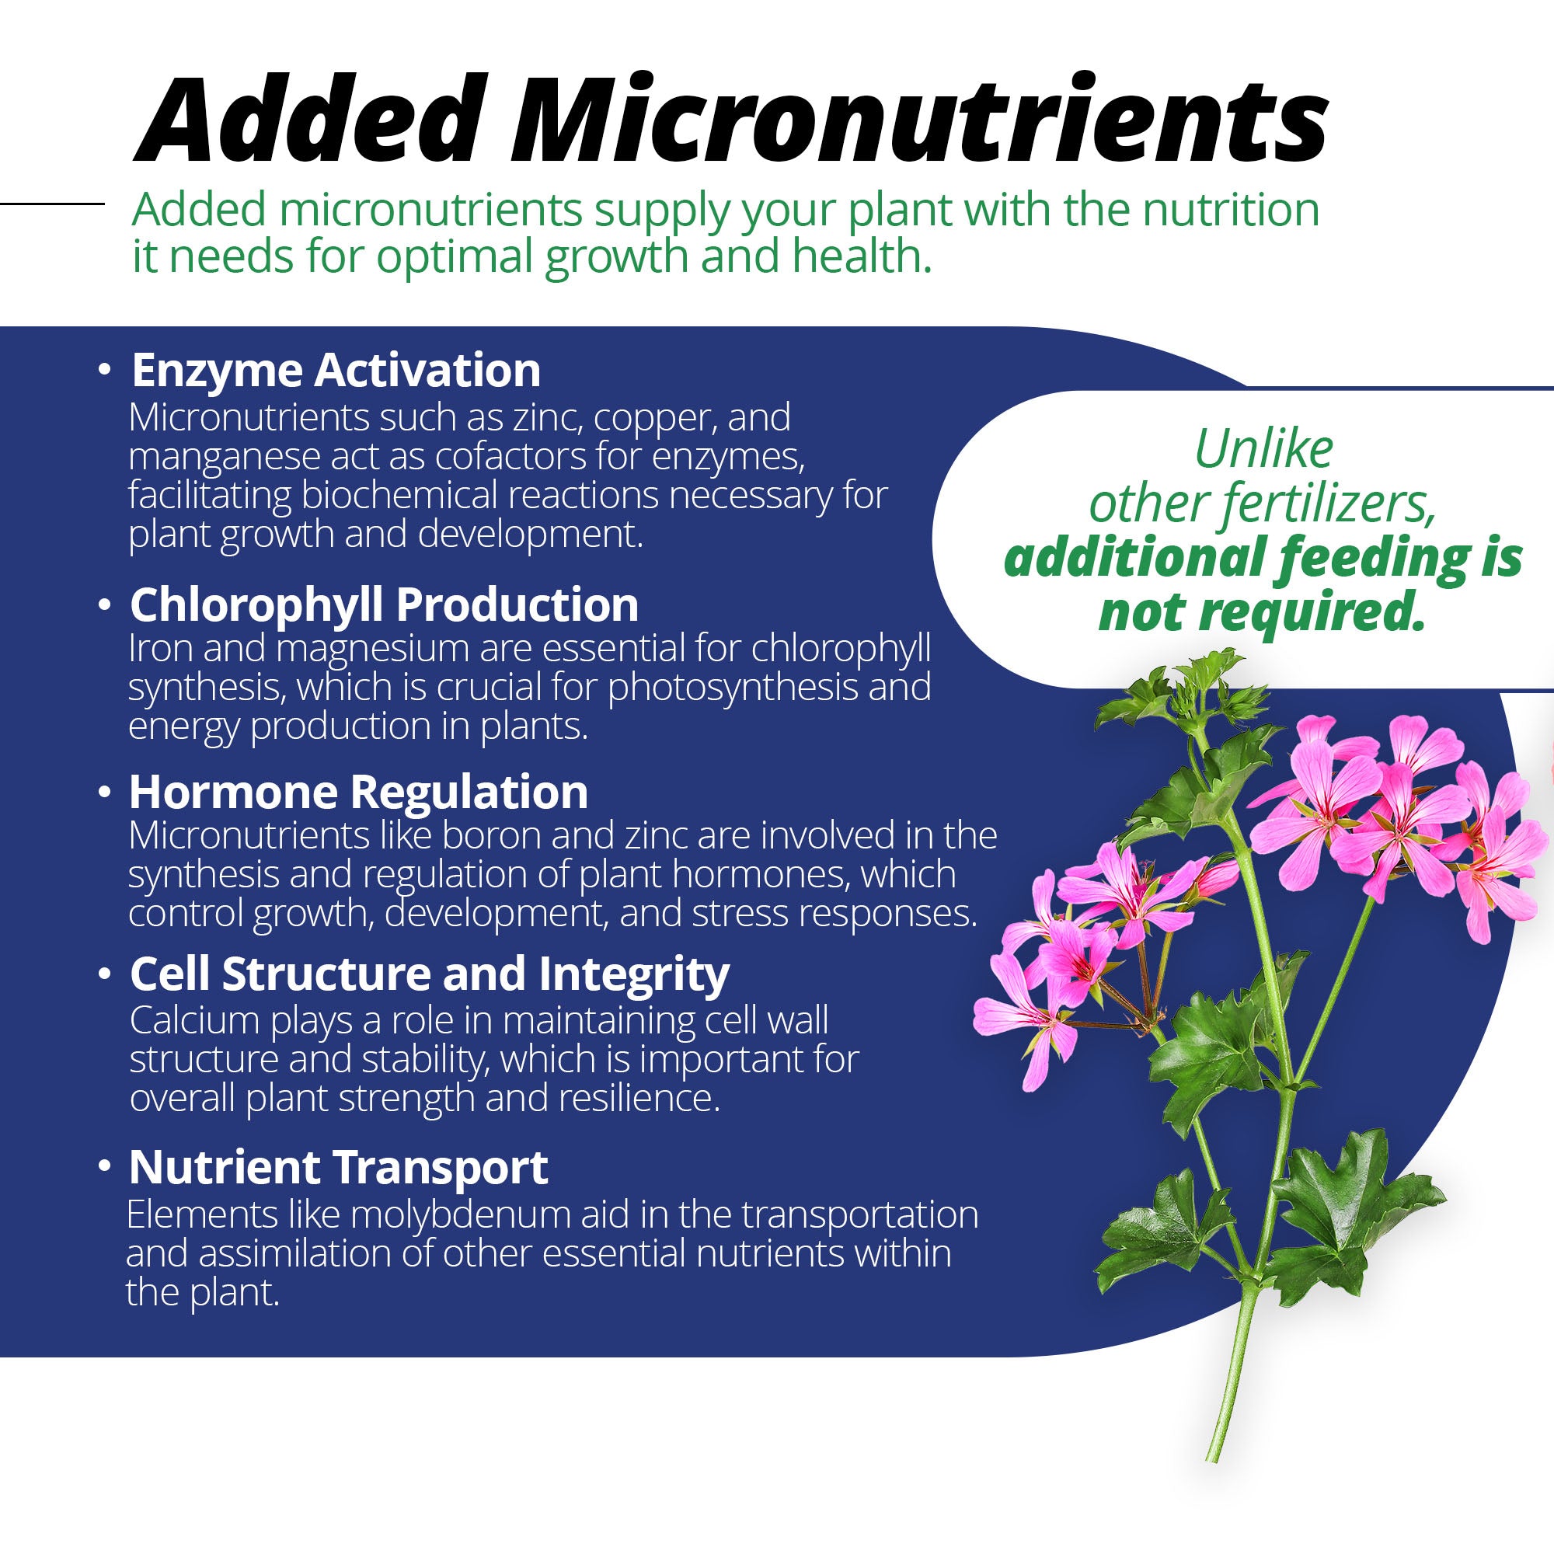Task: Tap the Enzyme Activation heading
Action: (x=336, y=371)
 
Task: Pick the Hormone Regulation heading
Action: (x=358, y=793)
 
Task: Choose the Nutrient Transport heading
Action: (x=339, y=1167)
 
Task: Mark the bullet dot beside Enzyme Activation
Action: (x=103, y=370)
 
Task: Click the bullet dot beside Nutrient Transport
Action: (x=103, y=1167)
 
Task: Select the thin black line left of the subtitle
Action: (x=52, y=204)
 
